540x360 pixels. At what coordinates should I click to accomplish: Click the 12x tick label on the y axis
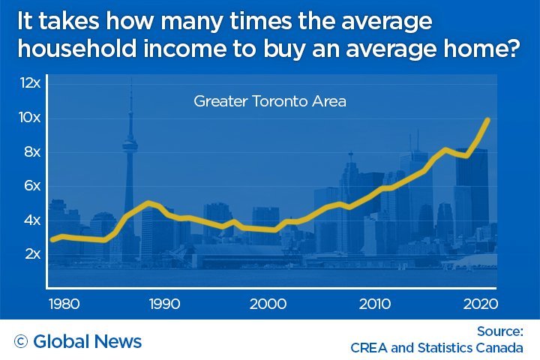(30, 83)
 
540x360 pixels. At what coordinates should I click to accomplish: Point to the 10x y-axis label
(30, 118)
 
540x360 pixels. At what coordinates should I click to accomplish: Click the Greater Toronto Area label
(270, 101)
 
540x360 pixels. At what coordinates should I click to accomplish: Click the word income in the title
(194, 52)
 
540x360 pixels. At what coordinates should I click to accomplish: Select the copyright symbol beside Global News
(21, 342)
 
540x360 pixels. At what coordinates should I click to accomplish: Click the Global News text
(88, 342)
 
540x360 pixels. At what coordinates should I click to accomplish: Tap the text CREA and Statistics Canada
(436, 348)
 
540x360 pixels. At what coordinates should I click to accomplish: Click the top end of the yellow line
(489, 119)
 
